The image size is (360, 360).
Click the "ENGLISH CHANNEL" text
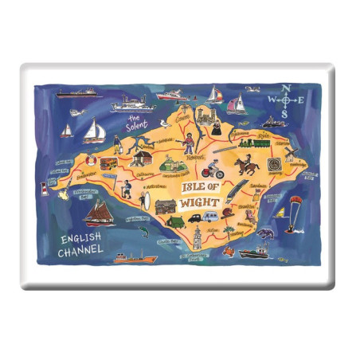click(80, 245)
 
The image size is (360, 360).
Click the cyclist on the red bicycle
click(211, 169)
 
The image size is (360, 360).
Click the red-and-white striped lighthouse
click(43, 189)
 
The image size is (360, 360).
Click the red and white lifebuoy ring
click(89, 161)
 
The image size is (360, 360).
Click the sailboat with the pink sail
click(237, 103)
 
